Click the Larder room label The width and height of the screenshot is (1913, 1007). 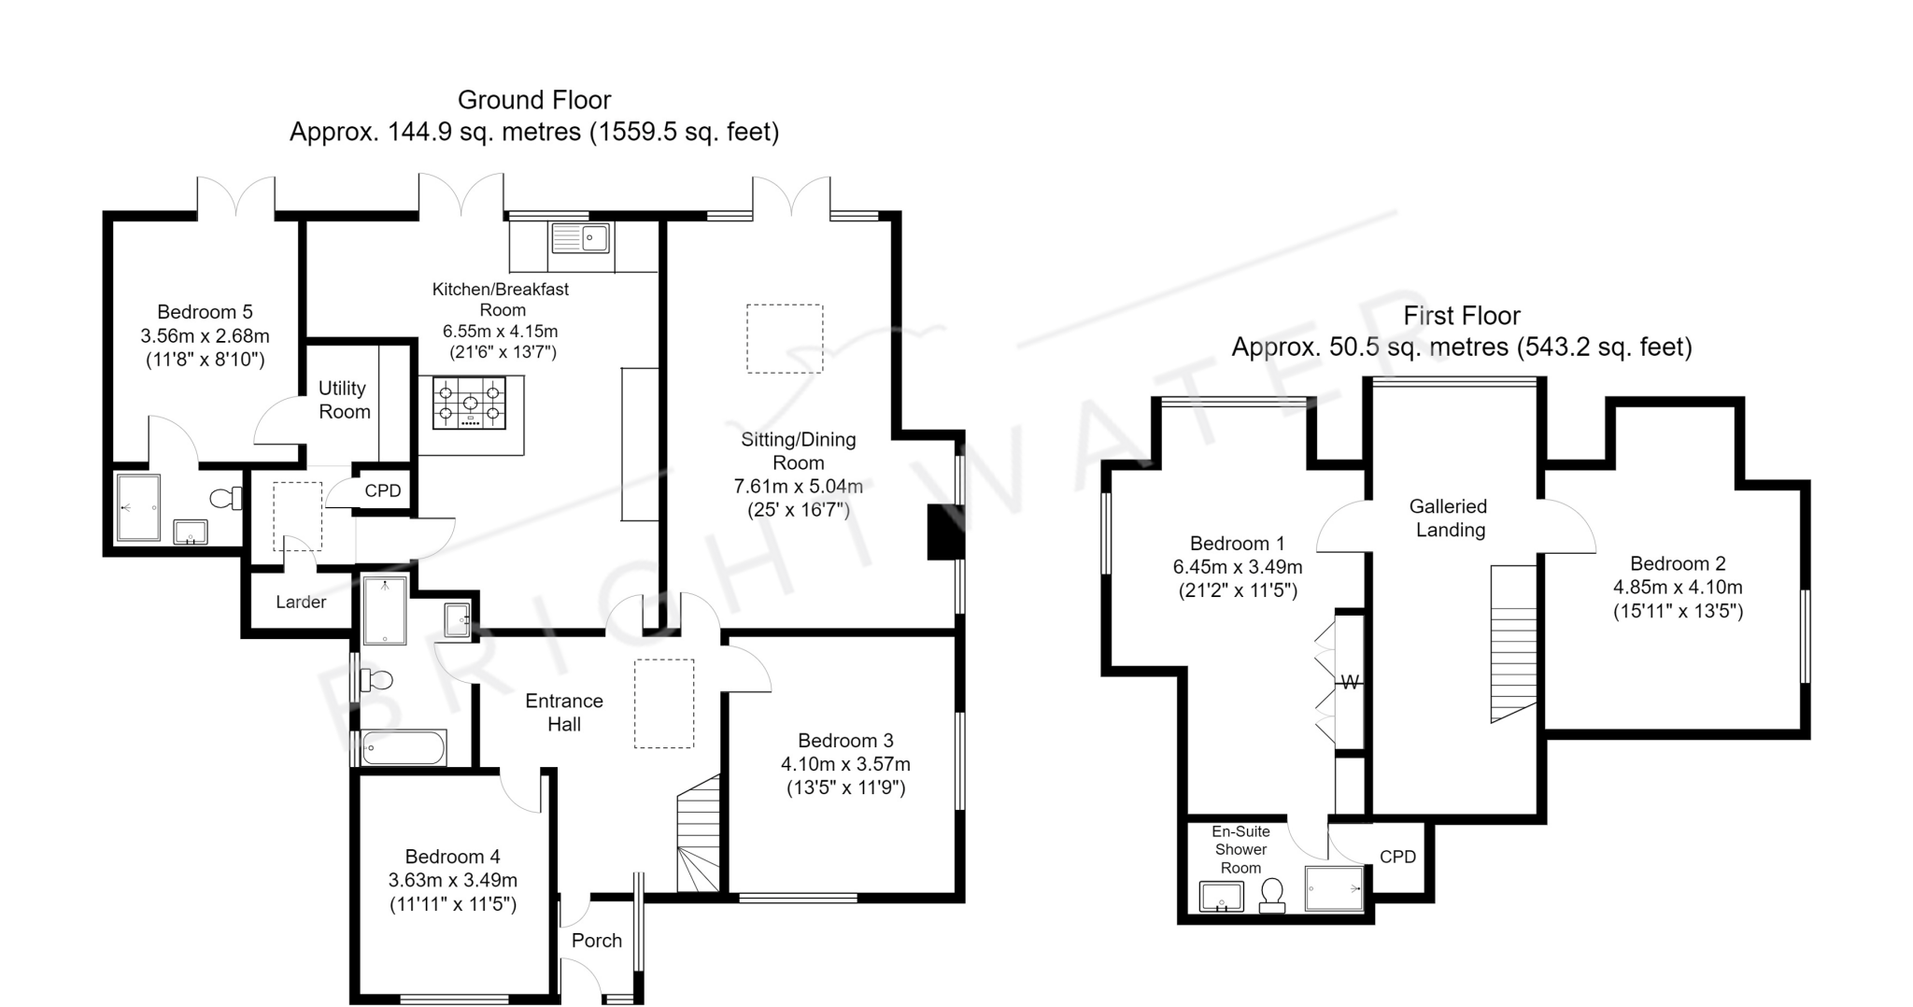(x=301, y=603)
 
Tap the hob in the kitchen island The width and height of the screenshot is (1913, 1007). (x=469, y=403)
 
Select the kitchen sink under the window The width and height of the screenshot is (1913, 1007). (x=580, y=238)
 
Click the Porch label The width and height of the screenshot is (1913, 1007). (x=597, y=941)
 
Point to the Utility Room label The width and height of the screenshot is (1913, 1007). (x=344, y=400)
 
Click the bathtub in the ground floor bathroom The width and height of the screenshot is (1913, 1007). (x=404, y=748)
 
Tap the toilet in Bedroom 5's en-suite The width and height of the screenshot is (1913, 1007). (x=225, y=499)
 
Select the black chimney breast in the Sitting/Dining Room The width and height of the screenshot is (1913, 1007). (x=944, y=532)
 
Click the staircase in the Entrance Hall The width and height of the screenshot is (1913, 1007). (x=699, y=833)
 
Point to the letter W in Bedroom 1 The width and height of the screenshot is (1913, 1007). (x=1350, y=683)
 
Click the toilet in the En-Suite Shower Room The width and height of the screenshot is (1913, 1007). (x=1271, y=895)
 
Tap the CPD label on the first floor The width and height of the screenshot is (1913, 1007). (x=1397, y=857)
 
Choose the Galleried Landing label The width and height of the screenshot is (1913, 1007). (x=1448, y=518)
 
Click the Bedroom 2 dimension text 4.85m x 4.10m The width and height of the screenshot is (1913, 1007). (x=1678, y=588)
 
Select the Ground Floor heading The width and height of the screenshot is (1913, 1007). (x=534, y=100)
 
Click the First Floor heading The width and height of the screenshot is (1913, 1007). (x=1462, y=316)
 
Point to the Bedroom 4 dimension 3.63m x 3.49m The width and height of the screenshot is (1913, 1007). (x=453, y=880)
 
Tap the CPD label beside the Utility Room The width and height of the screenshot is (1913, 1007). (x=383, y=491)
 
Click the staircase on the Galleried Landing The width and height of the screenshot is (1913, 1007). (x=1513, y=644)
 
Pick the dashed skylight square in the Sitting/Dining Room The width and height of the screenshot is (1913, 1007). (x=785, y=338)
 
